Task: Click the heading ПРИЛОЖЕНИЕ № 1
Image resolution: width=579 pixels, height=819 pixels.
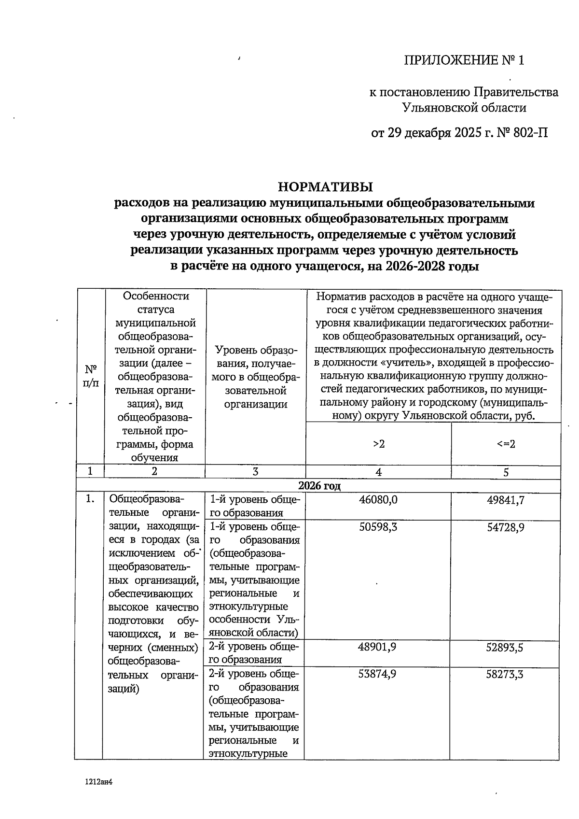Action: point(463,60)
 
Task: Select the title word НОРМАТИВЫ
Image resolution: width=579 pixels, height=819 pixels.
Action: point(326,186)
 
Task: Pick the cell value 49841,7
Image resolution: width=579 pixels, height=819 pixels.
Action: point(505,500)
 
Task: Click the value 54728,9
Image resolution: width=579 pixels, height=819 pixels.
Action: point(505,527)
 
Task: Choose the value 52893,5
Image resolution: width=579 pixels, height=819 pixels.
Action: point(505,647)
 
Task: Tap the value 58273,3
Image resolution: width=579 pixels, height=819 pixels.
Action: point(505,674)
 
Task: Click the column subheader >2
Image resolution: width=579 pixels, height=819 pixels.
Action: point(379,444)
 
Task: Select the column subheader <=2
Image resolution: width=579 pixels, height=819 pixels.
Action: point(506,444)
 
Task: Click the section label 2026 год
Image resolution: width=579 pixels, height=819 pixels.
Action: point(319,485)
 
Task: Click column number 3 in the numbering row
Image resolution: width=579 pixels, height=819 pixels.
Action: point(255,472)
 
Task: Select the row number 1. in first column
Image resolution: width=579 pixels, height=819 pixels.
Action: point(90,499)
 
